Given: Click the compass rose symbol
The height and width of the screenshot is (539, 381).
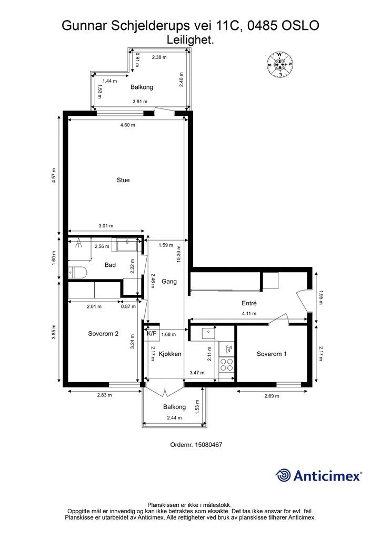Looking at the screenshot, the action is click(279, 64).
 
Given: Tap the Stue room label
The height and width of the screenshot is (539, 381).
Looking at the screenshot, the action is click(123, 180).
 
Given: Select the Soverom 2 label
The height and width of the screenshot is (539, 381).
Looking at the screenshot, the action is click(104, 333).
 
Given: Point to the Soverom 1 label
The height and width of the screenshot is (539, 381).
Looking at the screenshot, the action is click(272, 354).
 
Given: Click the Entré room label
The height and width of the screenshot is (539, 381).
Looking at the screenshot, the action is click(249, 303).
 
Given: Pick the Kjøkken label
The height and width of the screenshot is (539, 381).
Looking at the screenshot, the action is click(170, 354).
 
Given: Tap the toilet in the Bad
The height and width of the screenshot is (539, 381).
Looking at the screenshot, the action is click(78, 273).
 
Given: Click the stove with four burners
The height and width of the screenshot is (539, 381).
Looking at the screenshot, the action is click(226, 364).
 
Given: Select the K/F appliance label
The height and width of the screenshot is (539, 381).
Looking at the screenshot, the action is click(152, 333).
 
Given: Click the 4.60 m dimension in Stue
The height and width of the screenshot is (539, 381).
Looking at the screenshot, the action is click(127, 125).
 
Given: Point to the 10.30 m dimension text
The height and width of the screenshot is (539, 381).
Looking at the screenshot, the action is click(178, 254).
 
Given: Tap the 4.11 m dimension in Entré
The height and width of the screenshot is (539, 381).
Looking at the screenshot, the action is click(249, 313).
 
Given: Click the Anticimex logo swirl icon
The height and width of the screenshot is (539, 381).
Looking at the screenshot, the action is click(283, 475).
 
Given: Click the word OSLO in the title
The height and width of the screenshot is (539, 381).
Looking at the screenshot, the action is click(300, 25).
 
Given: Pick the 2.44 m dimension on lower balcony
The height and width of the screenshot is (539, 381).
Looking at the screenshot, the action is click(174, 417).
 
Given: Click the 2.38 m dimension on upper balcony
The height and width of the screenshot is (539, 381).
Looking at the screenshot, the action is click(159, 57).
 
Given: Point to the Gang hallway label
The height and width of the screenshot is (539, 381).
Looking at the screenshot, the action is click(169, 282).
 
